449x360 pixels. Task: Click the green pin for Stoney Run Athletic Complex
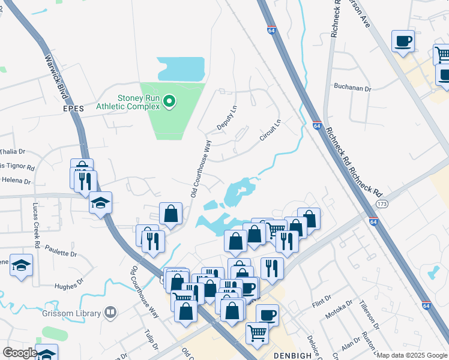(x=169, y=101)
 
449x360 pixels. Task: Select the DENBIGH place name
(x=292, y=355)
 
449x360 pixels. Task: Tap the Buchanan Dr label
(x=353, y=88)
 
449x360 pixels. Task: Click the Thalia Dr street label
(x=13, y=152)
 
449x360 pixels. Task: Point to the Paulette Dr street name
(x=61, y=254)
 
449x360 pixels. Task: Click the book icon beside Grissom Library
(x=110, y=312)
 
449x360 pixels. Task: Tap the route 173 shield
(x=381, y=204)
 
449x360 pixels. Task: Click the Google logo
(x=20, y=353)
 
